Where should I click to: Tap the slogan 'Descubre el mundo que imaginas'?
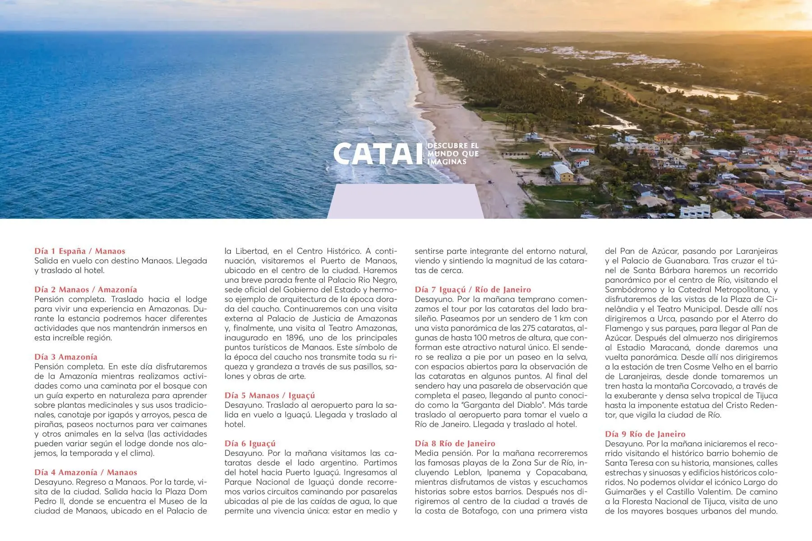click(x=452, y=154)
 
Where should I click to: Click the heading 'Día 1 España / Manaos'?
click(x=80, y=251)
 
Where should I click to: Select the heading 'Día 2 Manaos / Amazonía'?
click(x=86, y=289)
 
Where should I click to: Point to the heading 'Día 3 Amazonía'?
click(x=66, y=357)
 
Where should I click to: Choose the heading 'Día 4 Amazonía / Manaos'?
click(x=86, y=472)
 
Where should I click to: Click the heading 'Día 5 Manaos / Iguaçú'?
click(x=270, y=395)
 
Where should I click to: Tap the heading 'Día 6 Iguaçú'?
click(x=250, y=444)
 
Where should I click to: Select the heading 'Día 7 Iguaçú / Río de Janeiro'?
click(x=473, y=289)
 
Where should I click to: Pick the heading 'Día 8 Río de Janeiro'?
click(x=455, y=444)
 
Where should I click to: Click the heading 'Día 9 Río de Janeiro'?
click(x=645, y=434)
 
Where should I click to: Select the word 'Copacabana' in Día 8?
click(x=562, y=472)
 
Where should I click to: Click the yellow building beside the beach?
click(x=562, y=173)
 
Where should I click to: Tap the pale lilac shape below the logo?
click(x=405, y=201)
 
